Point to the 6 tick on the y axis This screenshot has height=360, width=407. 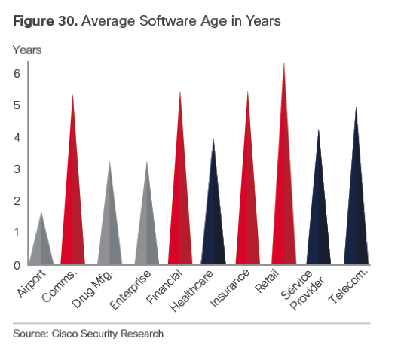click(x=16, y=74)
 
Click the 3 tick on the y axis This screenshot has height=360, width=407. click(x=16, y=169)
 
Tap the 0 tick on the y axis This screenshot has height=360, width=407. click(x=16, y=265)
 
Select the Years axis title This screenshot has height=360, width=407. click(x=26, y=50)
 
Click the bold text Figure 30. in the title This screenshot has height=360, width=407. click(x=43, y=21)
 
